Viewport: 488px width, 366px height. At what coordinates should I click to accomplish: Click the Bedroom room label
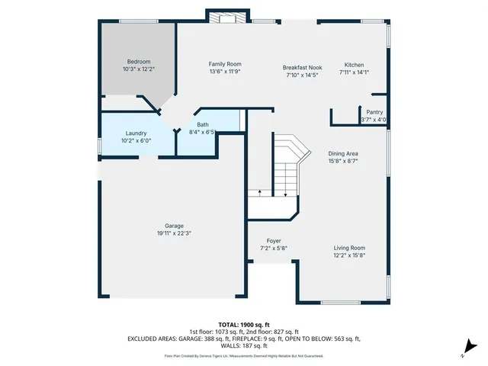139,62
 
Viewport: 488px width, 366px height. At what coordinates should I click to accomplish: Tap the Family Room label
225,65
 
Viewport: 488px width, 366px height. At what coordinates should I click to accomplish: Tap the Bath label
203,125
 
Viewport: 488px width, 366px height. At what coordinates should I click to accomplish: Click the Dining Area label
343,153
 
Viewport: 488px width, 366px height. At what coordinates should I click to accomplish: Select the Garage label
174,226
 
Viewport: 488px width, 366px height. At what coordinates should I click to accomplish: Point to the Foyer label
274,241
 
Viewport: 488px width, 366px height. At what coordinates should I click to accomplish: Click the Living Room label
349,248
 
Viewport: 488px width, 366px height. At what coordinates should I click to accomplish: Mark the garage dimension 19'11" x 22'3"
174,233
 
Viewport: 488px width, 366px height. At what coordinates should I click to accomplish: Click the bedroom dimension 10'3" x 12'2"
139,69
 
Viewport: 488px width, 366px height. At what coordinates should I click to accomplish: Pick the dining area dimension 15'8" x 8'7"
343,161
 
